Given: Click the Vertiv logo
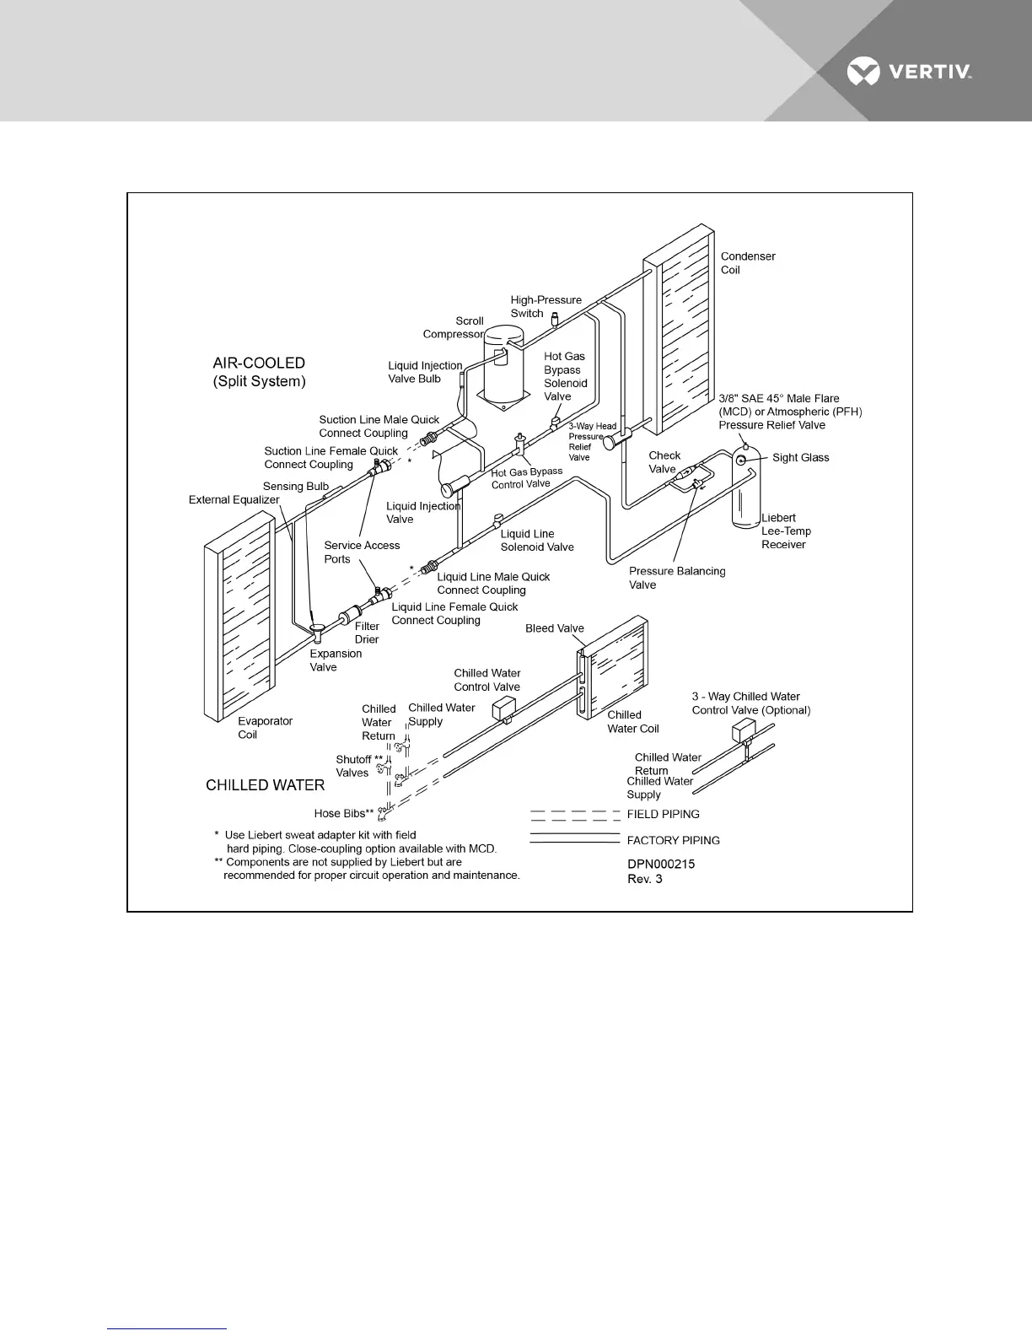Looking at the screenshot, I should (x=909, y=72).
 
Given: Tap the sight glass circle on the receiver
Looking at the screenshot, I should (x=741, y=460).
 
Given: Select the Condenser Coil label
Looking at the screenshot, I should (x=747, y=263).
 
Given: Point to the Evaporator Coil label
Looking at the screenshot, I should (x=265, y=728).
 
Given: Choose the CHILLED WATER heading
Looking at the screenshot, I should (x=265, y=785).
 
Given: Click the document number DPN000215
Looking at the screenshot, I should (x=661, y=865).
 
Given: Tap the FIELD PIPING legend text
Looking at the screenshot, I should (x=663, y=815).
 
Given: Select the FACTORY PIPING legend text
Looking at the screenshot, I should (x=673, y=841).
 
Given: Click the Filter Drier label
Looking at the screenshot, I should (x=367, y=633).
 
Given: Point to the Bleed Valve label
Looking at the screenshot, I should (x=554, y=628).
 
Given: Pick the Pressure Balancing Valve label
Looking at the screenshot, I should (x=676, y=578).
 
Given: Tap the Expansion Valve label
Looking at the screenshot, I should (x=335, y=660).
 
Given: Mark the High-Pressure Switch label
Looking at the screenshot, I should (x=546, y=306).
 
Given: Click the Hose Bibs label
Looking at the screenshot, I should (x=343, y=814).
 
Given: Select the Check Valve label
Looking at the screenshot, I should (x=664, y=462).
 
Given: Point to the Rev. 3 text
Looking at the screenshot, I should (x=644, y=879).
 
